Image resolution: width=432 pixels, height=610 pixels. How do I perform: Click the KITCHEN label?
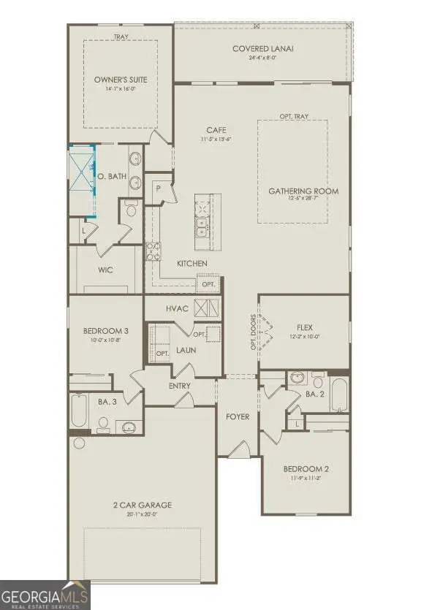(x=192, y=263)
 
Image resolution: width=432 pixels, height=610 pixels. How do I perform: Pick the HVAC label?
(x=177, y=309)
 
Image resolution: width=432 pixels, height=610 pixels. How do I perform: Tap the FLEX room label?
(x=305, y=327)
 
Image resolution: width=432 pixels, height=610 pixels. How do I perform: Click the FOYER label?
(x=237, y=417)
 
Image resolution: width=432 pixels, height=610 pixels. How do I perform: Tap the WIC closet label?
(x=105, y=270)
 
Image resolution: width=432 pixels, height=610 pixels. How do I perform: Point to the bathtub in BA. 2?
(x=341, y=394)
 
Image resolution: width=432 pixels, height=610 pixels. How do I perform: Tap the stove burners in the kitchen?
(x=152, y=251)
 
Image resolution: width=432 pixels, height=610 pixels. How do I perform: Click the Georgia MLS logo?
(x=45, y=594)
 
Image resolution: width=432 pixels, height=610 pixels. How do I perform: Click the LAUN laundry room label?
(x=186, y=351)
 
